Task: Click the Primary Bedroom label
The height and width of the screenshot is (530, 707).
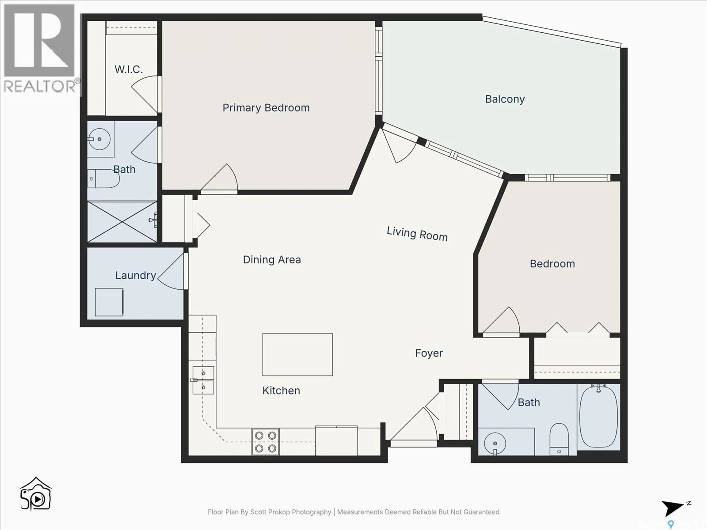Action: click(266, 108)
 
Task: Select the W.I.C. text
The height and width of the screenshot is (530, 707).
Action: click(129, 69)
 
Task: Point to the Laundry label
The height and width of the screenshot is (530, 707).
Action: click(136, 275)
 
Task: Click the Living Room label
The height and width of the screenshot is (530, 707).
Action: click(417, 234)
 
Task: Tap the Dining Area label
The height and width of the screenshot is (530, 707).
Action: click(272, 260)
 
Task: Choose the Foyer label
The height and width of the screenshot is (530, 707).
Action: click(429, 353)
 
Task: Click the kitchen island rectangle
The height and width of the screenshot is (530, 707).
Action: click(297, 355)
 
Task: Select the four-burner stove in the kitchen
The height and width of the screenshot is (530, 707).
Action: click(265, 442)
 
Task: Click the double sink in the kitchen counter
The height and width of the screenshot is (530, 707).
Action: click(203, 380)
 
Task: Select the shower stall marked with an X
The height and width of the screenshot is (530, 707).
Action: click(122, 222)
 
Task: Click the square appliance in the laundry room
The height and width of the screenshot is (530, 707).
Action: click(109, 302)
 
